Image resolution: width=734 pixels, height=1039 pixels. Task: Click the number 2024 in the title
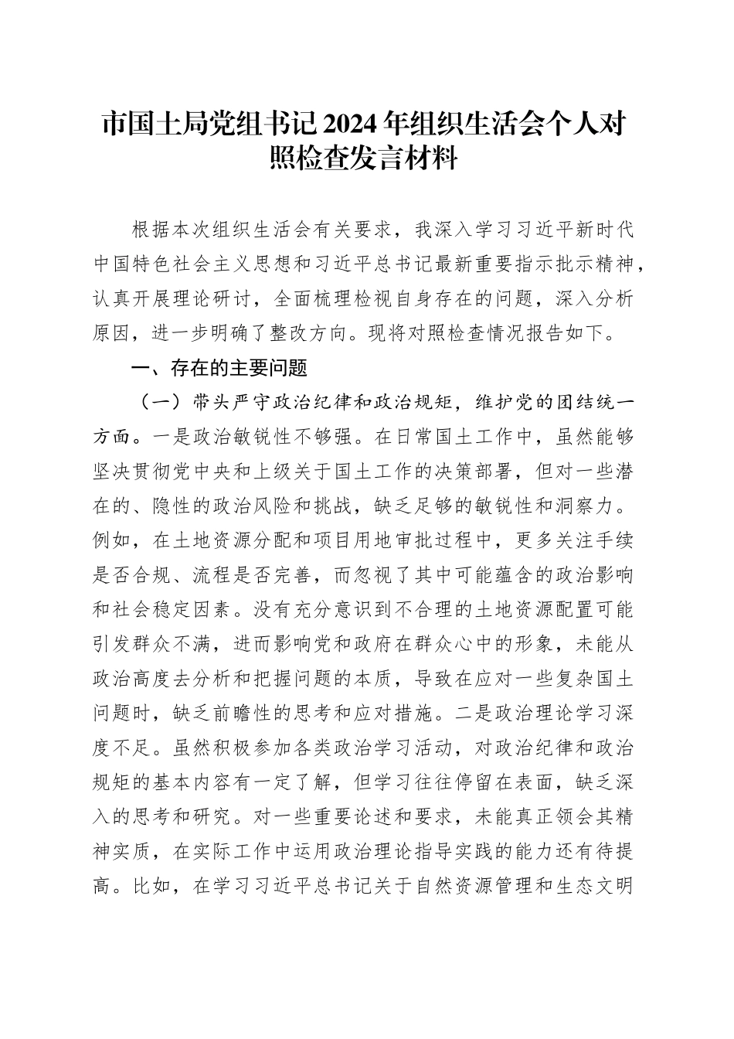(x=358, y=124)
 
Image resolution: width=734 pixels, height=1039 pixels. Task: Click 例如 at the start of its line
(x=112, y=540)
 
